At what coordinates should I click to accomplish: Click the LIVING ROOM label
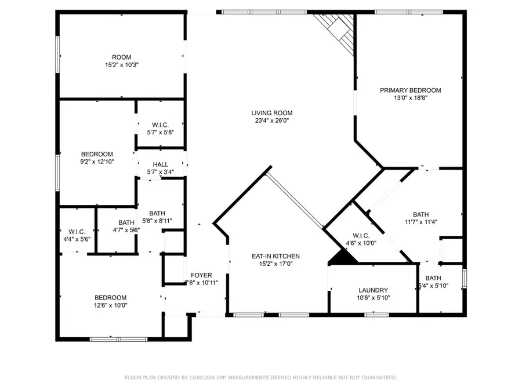271,113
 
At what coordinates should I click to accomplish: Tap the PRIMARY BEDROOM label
411,90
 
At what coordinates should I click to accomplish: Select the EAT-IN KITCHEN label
275,257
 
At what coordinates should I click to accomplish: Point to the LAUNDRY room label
373,290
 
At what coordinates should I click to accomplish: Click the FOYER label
201,275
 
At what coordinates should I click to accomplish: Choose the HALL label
161,165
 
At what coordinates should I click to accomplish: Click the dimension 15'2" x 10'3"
122,65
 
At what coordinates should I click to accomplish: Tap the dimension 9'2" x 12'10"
97,162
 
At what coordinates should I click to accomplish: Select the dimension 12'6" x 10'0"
111,305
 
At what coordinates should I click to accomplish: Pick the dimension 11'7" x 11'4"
421,222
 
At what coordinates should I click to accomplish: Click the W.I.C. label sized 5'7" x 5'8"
161,125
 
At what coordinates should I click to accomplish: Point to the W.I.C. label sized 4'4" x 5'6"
77,232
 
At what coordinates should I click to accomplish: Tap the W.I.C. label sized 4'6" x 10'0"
361,236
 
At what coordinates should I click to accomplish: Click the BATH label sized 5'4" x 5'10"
433,278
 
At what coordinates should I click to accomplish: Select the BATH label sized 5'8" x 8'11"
157,213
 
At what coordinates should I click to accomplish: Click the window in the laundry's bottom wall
376,315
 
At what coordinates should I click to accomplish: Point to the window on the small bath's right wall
465,278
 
